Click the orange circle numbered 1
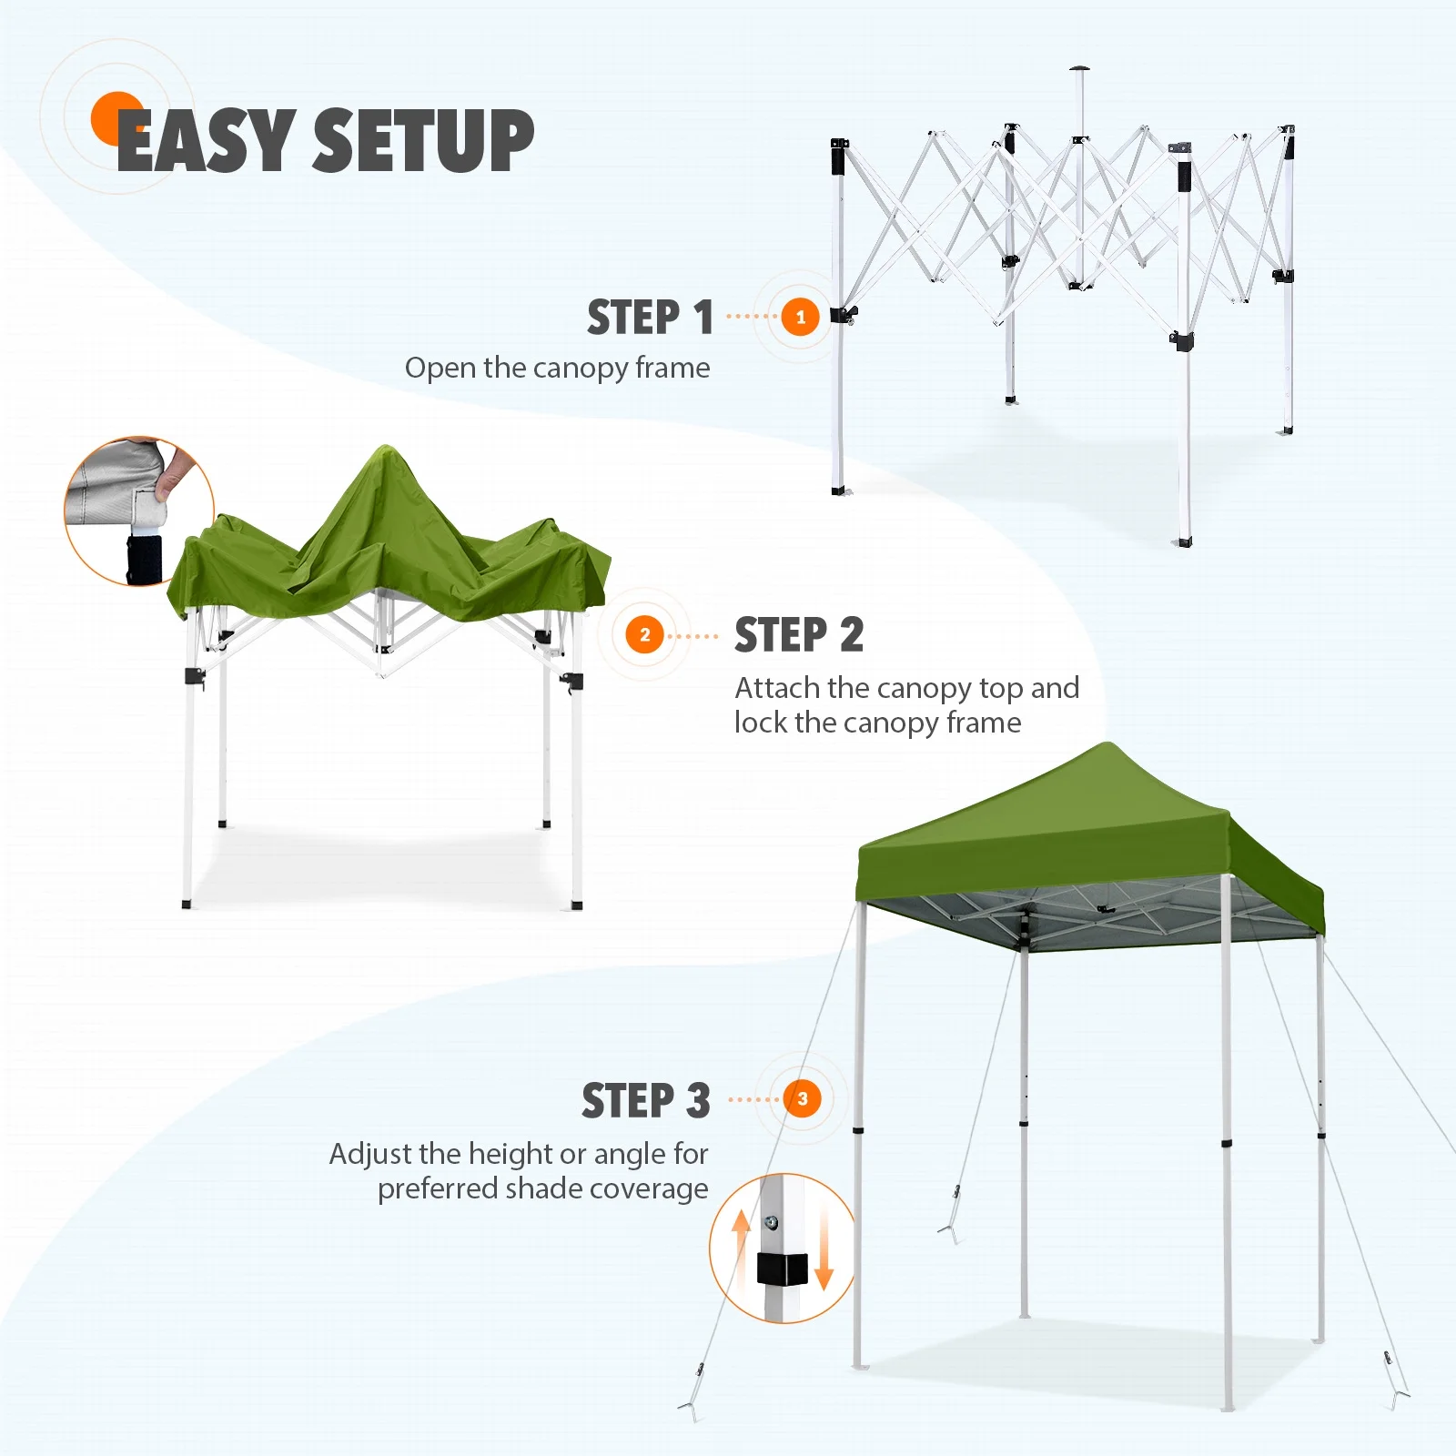(801, 317)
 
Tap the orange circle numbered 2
(645, 634)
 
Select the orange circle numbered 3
(803, 1098)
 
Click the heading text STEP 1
(650, 318)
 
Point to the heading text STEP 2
(799, 634)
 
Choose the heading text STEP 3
(646, 1100)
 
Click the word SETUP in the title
(423, 139)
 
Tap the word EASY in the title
(207, 139)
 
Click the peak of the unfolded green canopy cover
(386, 448)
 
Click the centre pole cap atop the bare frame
(1080, 69)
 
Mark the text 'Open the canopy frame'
(558, 368)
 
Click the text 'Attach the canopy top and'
(907, 688)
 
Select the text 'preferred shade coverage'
(543, 1188)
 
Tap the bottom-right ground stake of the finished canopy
(1397, 1388)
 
